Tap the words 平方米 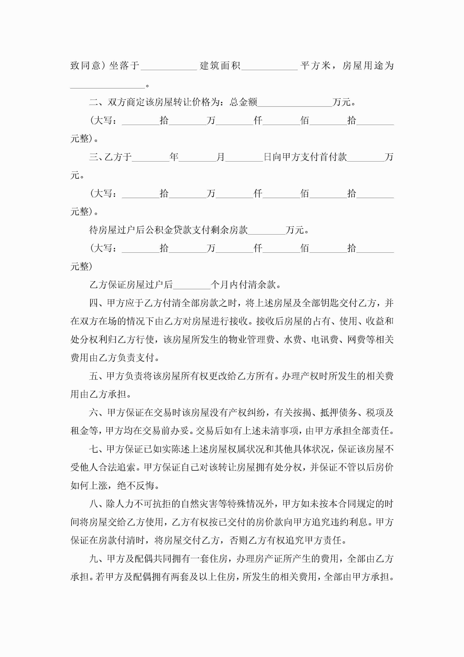316,66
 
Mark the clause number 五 94,376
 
